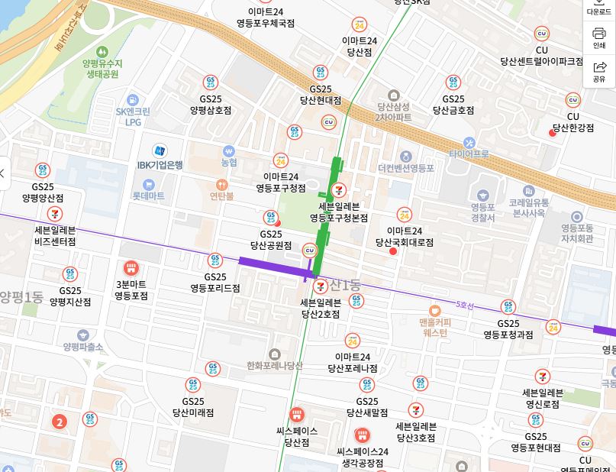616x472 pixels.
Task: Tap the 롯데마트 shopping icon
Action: click(x=148, y=184)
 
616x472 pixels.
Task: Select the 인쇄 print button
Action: click(x=598, y=37)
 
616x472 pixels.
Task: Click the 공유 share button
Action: click(x=598, y=71)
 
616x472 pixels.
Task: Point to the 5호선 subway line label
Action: click(x=464, y=305)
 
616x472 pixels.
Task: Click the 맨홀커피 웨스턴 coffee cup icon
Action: click(x=434, y=310)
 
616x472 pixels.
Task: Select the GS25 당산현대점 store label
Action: click(x=321, y=94)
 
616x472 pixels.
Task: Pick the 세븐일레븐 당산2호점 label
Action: click(x=321, y=307)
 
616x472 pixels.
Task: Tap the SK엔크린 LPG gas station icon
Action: click(x=133, y=100)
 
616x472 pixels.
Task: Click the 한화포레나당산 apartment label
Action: click(x=275, y=365)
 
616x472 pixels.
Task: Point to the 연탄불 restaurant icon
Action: click(x=221, y=184)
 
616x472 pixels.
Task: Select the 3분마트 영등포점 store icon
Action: click(x=131, y=269)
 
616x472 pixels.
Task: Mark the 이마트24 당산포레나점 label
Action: click(x=352, y=363)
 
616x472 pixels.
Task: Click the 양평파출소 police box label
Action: click(x=83, y=346)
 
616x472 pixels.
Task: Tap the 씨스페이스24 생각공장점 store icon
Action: click(x=363, y=435)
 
